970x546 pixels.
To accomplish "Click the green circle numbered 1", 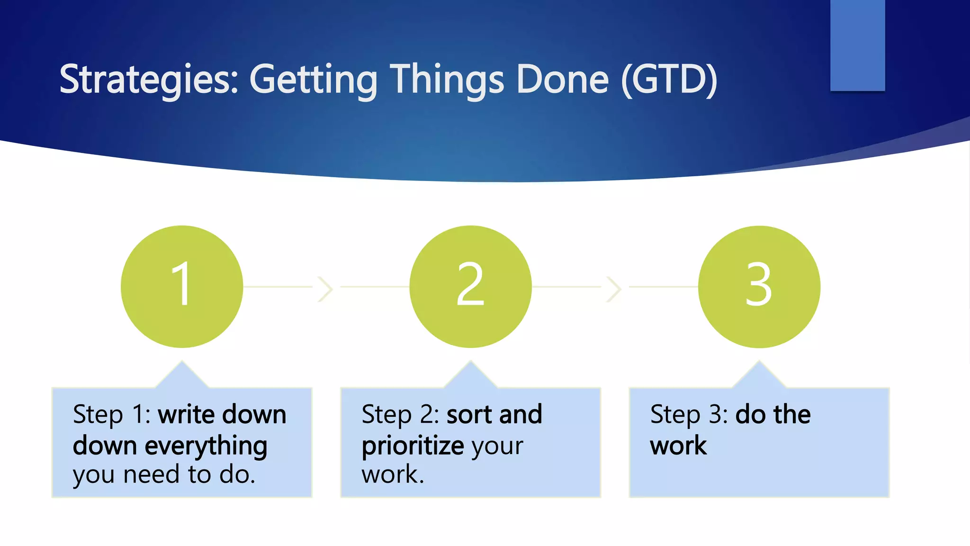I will click(x=182, y=287).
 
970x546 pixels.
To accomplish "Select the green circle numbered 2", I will click(x=470, y=287).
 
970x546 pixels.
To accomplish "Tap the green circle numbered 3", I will click(x=759, y=287).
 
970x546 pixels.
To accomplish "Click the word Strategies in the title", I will click(x=148, y=80).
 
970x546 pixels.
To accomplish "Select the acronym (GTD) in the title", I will click(x=669, y=80).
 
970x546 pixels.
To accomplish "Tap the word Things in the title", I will click(x=447, y=80).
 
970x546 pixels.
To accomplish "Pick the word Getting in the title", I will click(x=313, y=80).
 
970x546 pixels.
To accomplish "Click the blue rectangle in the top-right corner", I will click(x=857, y=45).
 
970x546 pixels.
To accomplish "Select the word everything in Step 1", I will click(x=206, y=446).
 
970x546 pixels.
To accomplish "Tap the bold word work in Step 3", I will click(x=678, y=446).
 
